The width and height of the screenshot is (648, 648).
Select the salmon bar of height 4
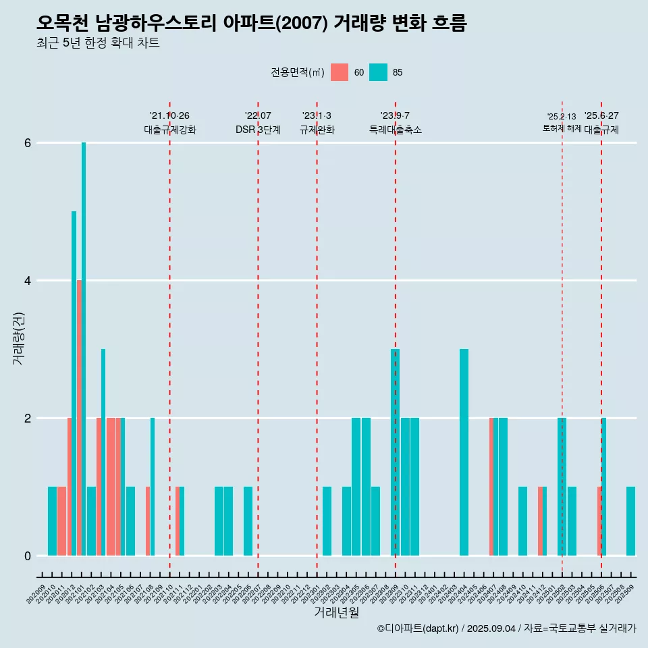(x=79, y=418)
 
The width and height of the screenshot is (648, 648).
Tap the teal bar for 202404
(x=464, y=452)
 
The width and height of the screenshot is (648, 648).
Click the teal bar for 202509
(x=630, y=521)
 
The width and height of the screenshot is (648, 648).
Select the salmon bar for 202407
(x=491, y=487)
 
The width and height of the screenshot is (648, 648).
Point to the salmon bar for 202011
(x=61, y=521)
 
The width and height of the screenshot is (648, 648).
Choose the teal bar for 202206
(x=248, y=521)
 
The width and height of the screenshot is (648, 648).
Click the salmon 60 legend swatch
(x=340, y=72)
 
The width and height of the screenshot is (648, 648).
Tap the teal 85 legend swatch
(x=379, y=72)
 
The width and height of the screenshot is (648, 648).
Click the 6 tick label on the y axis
(x=28, y=143)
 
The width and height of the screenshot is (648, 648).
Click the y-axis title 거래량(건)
(x=18, y=337)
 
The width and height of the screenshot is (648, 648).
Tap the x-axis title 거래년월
(x=336, y=613)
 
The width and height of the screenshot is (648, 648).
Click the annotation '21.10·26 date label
(x=169, y=115)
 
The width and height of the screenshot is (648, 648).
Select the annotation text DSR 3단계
(x=258, y=130)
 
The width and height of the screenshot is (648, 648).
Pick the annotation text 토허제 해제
(x=562, y=128)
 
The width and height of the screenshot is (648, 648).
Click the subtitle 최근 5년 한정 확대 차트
(x=98, y=43)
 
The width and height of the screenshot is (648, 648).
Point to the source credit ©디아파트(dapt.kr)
(x=418, y=628)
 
